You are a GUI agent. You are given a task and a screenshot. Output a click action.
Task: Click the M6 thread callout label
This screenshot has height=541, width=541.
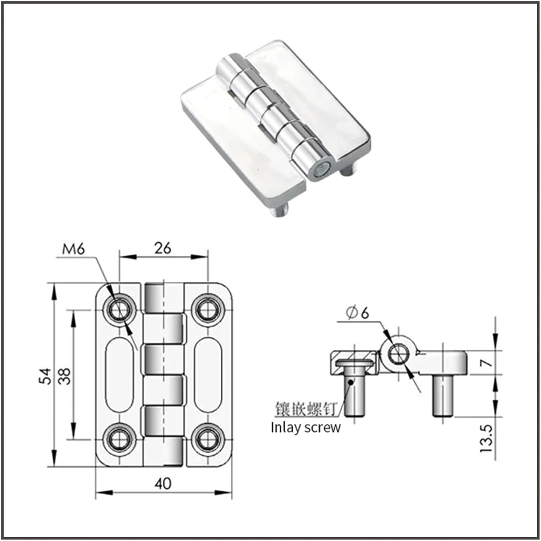coord(73,249)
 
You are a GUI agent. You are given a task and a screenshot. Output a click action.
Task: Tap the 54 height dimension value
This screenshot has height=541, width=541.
coord(46,376)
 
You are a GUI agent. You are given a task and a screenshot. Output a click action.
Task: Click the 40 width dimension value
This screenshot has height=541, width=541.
coord(163,483)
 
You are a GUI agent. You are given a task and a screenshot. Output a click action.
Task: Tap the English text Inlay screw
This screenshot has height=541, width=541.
coord(305,427)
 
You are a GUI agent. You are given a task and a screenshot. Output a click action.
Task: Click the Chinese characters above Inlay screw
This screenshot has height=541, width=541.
coord(305,409)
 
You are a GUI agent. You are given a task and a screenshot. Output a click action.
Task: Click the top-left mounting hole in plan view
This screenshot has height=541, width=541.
coord(119,309)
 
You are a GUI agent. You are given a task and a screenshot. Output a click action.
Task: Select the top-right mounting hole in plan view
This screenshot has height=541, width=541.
coord(207,309)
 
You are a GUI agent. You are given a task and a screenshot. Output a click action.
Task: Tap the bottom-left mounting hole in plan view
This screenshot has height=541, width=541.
coord(119,439)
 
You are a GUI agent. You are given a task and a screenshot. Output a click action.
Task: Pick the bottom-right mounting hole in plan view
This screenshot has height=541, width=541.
coord(207,439)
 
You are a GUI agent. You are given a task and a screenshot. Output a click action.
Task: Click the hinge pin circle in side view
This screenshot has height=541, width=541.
coord(398,354)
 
